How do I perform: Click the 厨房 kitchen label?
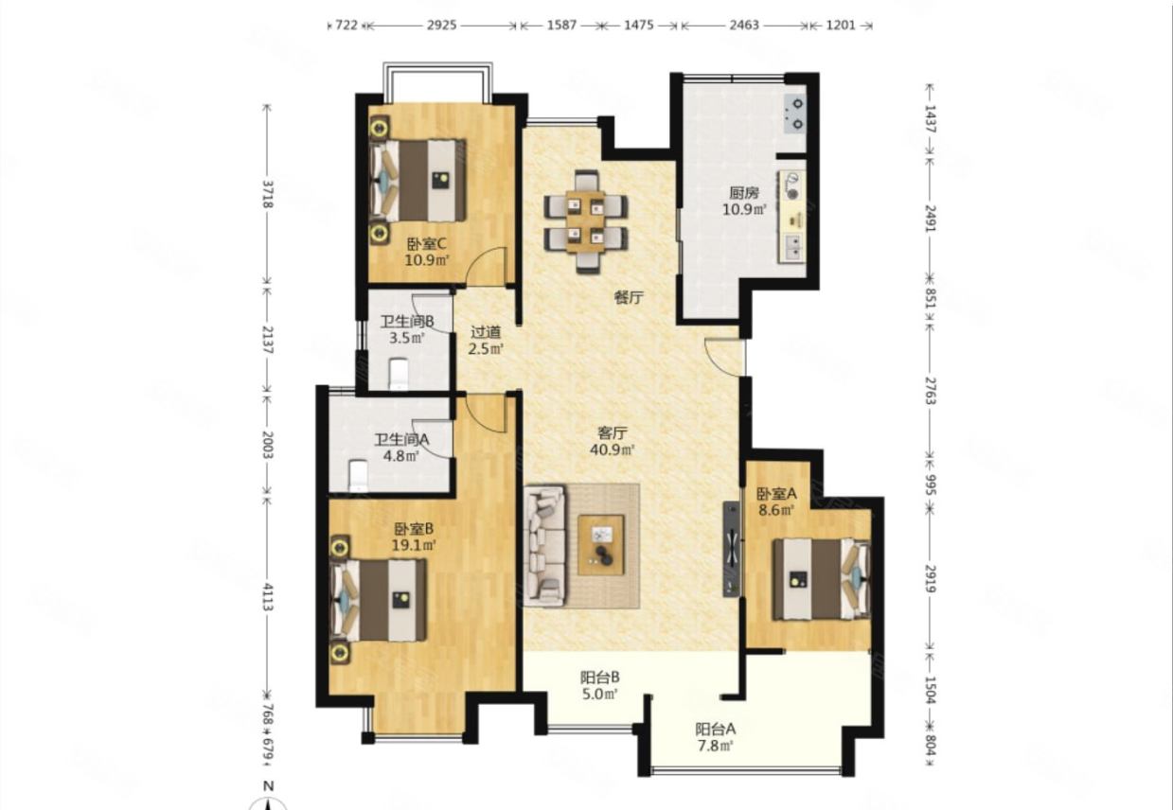click(x=744, y=193)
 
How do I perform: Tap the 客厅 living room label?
click(x=613, y=432)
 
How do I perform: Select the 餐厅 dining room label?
click(x=629, y=298)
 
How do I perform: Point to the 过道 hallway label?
click(x=486, y=332)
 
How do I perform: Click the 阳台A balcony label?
click(x=716, y=729)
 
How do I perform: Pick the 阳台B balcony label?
click(x=599, y=678)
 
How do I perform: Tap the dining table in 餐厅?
click(x=586, y=221)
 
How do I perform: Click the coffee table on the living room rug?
click(x=601, y=545)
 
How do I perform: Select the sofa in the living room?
click(x=545, y=546)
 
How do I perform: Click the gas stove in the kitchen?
click(x=795, y=114)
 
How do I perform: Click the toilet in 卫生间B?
click(x=399, y=374)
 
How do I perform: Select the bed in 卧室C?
click(x=418, y=180)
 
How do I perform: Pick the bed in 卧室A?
click(x=822, y=579)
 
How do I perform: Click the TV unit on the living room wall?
click(x=732, y=549)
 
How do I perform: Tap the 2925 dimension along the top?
click(x=441, y=26)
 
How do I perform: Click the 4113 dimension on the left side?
click(x=268, y=596)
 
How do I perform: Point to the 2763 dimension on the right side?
click(x=930, y=391)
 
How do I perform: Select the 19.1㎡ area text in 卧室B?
click(x=414, y=545)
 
